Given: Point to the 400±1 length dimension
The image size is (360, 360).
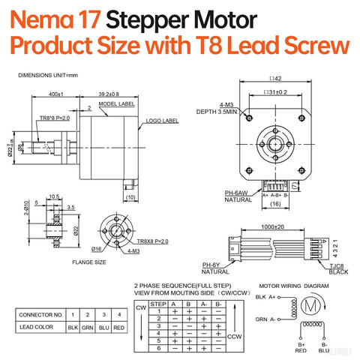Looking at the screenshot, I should point(55,94).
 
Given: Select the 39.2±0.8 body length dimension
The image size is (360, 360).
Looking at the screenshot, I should point(109,94).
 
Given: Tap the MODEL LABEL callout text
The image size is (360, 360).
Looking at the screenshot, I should point(116,104).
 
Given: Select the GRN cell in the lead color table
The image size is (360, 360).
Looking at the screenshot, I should point(88,328).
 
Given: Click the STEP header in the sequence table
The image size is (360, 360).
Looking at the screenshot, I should point(157,304).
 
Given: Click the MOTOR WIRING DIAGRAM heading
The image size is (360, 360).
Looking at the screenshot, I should point(294,286).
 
